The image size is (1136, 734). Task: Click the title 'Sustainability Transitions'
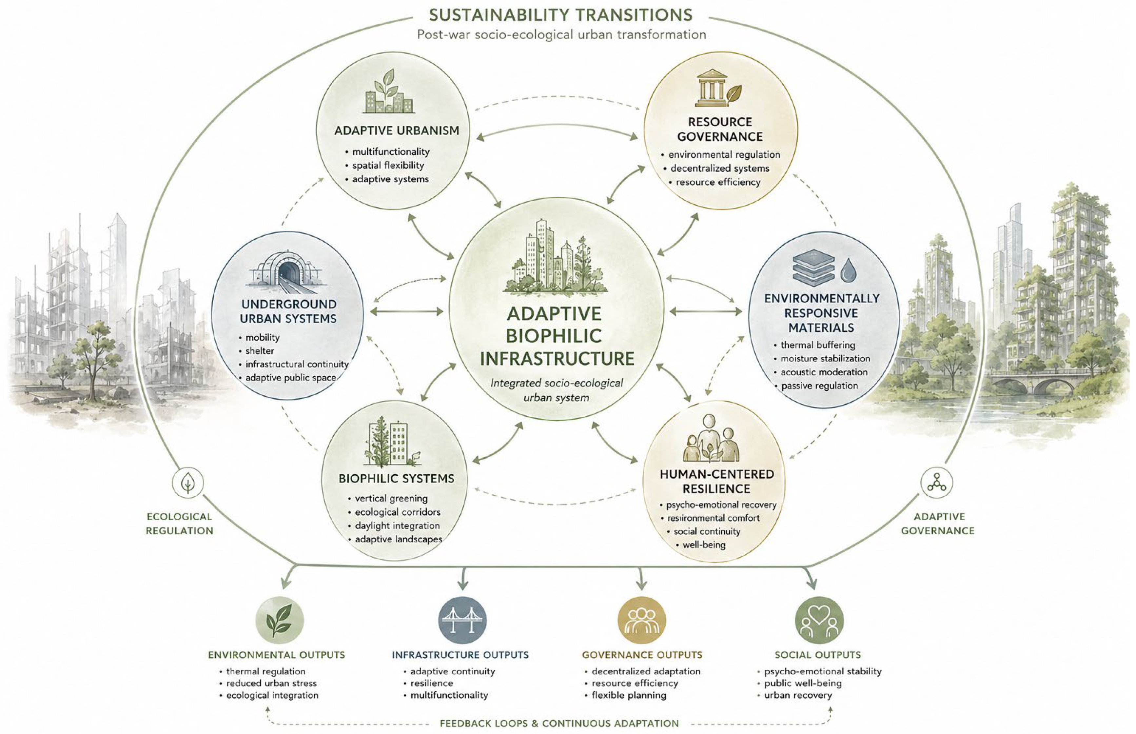560,15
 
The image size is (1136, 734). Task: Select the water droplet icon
848,270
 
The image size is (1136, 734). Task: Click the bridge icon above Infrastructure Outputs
462,620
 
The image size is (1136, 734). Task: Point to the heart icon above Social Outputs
819,620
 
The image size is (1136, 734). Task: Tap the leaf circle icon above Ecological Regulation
188,482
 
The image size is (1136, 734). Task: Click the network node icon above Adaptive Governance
936,482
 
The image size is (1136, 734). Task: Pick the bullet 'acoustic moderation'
824,372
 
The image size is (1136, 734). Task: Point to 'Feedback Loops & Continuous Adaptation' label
559,723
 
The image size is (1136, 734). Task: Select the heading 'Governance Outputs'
642,655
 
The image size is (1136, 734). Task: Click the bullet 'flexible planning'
629,695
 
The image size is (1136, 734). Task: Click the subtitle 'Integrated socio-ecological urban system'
557,390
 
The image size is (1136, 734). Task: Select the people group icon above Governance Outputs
641,620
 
